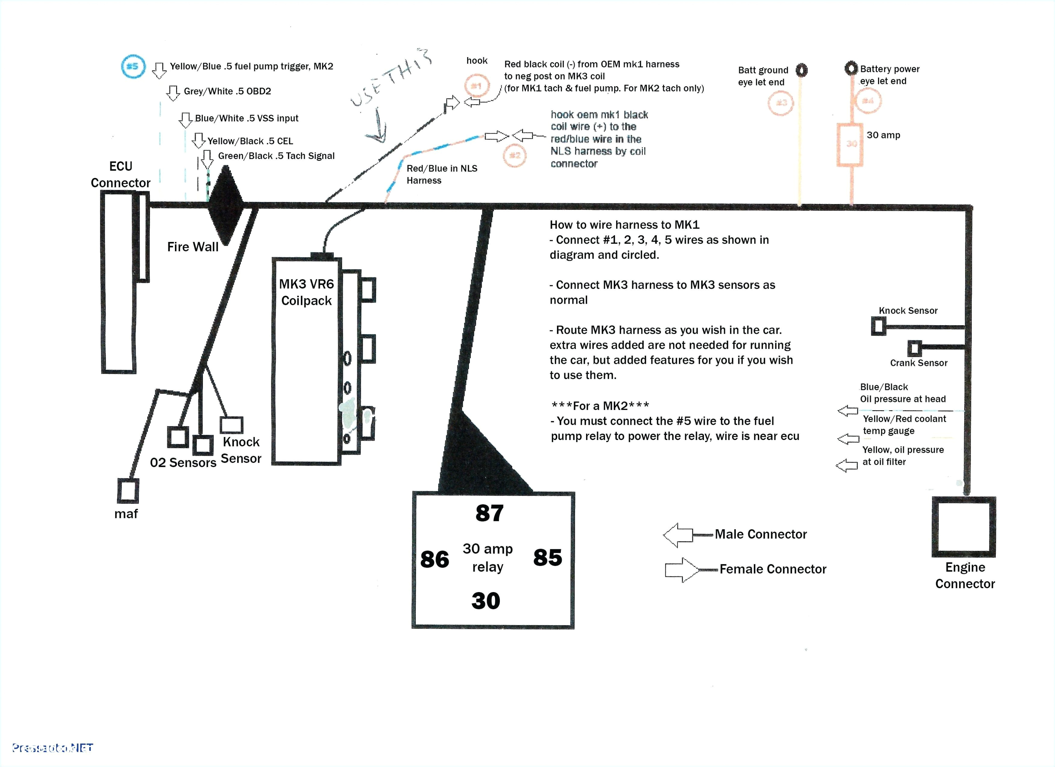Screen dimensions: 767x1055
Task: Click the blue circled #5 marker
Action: click(x=133, y=66)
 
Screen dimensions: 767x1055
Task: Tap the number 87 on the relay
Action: click(x=489, y=513)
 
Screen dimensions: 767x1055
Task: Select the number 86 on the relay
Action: click(x=435, y=559)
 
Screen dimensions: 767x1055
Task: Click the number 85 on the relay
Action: click(x=548, y=557)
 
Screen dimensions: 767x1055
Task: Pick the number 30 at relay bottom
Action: click(x=486, y=601)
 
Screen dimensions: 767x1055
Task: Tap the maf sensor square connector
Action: click(x=128, y=491)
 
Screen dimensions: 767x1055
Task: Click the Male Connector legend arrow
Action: click(x=678, y=535)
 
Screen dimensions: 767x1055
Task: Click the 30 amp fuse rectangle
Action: click(x=850, y=144)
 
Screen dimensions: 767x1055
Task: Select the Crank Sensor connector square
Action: click(x=914, y=348)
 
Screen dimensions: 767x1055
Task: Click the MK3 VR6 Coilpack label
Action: click(x=306, y=292)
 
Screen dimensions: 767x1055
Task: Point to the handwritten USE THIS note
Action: click(x=391, y=79)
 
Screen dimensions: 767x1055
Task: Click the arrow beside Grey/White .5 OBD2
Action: click(x=173, y=93)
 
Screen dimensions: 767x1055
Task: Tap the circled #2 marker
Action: click(x=514, y=155)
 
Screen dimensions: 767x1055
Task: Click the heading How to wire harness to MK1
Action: click(x=624, y=225)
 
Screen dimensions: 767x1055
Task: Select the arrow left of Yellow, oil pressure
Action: click(x=847, y=465)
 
